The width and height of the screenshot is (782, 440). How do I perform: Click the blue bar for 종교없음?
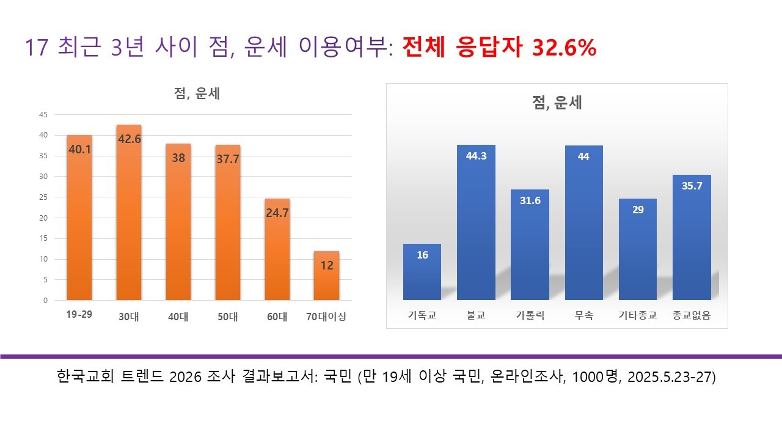(x=692, y=238)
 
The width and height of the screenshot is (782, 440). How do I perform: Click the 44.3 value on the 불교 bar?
(x=476, y=156)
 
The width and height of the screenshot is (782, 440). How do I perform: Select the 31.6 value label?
(x=530, y=201)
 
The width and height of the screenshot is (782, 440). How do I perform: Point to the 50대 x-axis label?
(x=227, y=317)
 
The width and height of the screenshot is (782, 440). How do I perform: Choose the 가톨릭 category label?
(x=530, y=317)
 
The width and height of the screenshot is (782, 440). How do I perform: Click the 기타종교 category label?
(x=638, y=317)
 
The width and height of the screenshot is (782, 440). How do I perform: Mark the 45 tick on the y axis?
(x=43, y=114)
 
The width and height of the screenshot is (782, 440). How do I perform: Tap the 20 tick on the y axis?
(x=43, y=218)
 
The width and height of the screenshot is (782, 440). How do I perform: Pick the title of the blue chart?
(x=557, y=103)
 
